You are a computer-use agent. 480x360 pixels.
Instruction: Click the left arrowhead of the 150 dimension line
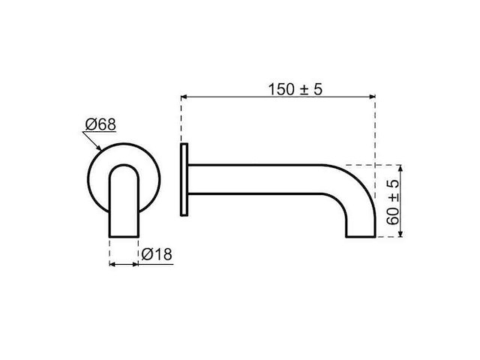coord(185,97)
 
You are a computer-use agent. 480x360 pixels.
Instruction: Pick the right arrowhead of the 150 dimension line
coord(370,97)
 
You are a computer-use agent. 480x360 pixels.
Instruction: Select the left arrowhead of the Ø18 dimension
coord(112,264)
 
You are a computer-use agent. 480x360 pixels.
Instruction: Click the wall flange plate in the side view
coord(184,180)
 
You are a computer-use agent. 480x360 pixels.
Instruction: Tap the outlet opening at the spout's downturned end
coord(359,236)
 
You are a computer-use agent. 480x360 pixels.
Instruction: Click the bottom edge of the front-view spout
coord(124,237)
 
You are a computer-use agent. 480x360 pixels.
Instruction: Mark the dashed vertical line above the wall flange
coord(181,120)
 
